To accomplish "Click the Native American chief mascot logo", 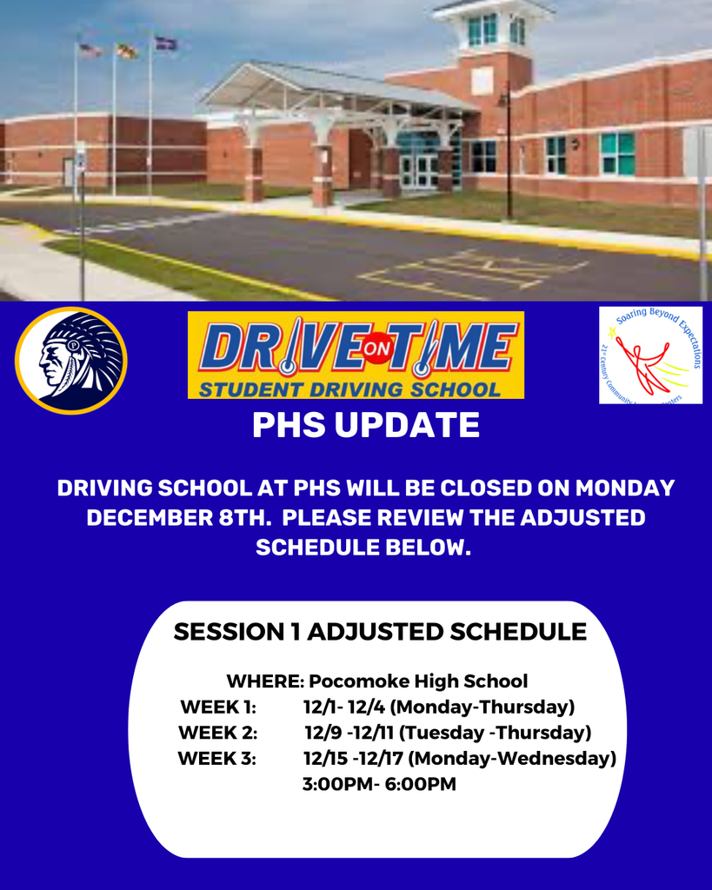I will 70,360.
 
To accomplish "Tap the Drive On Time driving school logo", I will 356,355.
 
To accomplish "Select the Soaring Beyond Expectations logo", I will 650,355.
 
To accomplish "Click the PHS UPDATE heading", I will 365,426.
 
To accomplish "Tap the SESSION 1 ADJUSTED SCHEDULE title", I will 380,632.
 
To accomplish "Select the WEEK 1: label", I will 217,707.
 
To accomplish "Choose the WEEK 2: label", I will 217,733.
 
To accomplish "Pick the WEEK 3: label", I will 217,759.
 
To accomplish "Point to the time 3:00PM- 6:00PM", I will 379,785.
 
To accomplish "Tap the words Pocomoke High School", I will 418,681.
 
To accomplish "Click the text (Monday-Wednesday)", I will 512,759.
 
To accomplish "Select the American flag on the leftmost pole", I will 90,50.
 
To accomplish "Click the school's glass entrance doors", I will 419,171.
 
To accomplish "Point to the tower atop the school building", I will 493,35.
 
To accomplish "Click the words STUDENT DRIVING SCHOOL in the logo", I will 349,389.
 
